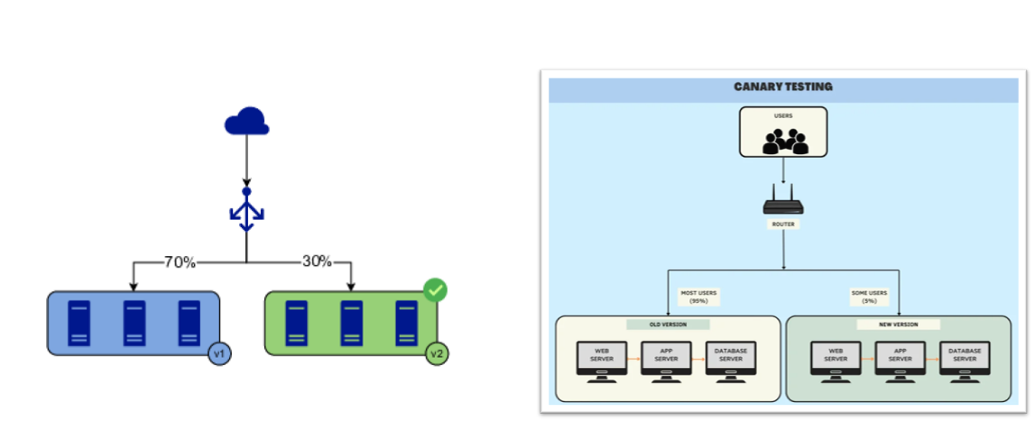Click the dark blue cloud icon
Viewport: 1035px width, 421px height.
coord(245,121)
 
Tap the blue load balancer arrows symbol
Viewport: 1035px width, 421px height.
coord(245,213)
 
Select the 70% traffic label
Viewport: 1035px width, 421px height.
coord(180,262)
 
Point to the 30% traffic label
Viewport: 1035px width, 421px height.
coord(317,262)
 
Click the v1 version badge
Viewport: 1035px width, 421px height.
coord(218,353)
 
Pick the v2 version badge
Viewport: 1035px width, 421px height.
coord(437,353)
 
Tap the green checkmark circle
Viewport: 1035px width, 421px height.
coord(436,290)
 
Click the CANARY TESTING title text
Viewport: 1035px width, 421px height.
coord(783,87)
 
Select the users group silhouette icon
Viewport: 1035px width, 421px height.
coord(783,139)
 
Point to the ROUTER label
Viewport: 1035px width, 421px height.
coord(782,224)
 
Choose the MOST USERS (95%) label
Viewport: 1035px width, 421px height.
coord(699,297)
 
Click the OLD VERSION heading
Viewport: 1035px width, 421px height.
coord(668,325)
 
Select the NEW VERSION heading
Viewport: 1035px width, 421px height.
coord(899,325)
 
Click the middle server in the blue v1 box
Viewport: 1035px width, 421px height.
coord(134,323)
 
